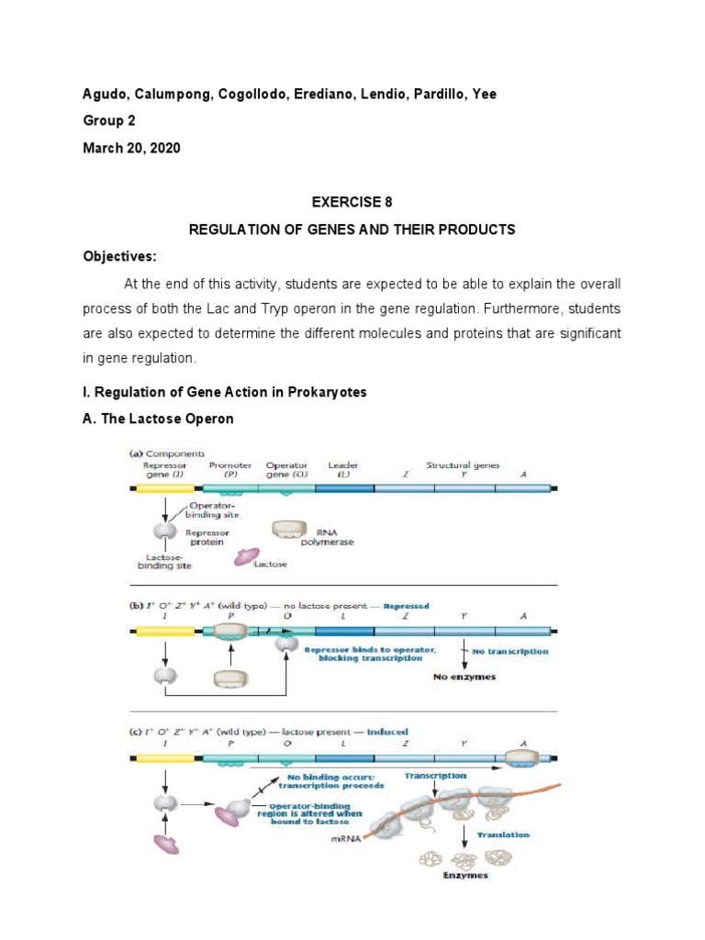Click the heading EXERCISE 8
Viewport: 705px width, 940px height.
352,204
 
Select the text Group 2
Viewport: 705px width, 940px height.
109,120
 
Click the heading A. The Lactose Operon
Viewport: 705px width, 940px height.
159,419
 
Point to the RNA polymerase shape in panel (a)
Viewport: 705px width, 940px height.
291,530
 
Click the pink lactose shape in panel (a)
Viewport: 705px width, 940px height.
249,555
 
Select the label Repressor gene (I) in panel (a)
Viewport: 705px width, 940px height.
164,470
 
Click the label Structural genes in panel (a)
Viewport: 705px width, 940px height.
463,465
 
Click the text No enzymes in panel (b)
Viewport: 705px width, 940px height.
465,677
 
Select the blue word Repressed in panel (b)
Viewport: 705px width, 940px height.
406,606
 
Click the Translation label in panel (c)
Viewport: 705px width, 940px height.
503,834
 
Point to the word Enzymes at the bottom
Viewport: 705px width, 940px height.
465,876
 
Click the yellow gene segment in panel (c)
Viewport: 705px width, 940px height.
165,758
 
